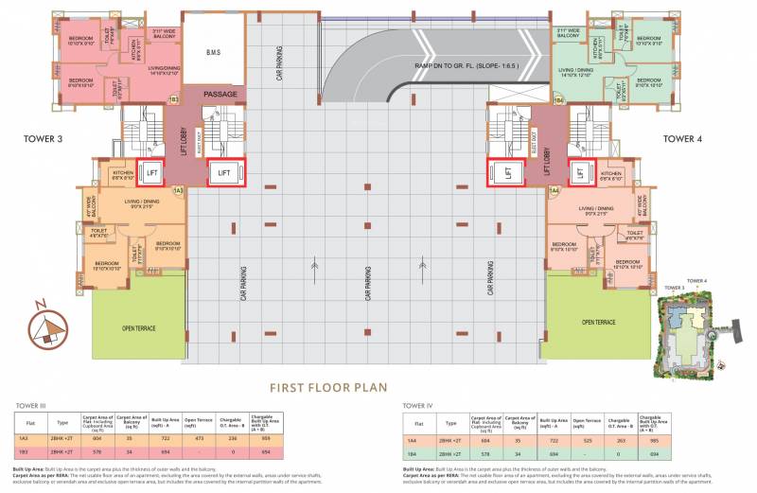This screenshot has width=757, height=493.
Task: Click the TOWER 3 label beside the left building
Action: (44, 138)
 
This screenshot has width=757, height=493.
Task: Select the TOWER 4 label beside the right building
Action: (679, 138)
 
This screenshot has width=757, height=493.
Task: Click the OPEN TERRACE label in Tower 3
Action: (139, 327)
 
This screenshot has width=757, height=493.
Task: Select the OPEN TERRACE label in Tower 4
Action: (598, 322)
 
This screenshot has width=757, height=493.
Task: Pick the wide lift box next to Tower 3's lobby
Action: (224, 173)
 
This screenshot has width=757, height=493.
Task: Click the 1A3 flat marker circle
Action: (177, 191)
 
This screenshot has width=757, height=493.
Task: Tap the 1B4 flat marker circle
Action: (558, 99)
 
